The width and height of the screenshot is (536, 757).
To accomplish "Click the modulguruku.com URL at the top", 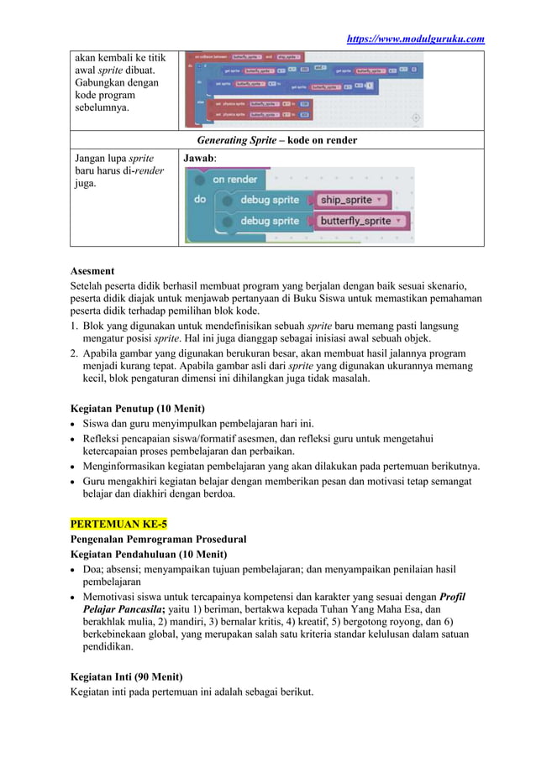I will click(x=417, y=39).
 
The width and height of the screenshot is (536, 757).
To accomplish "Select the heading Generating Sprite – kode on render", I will click(x=276, y=139).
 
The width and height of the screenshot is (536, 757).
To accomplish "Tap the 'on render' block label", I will click(x=234, y=179).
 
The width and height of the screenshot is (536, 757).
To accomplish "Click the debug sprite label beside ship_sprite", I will click(x=270, y=200).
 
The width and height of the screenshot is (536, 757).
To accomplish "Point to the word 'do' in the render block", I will click(x=199, y=201).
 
